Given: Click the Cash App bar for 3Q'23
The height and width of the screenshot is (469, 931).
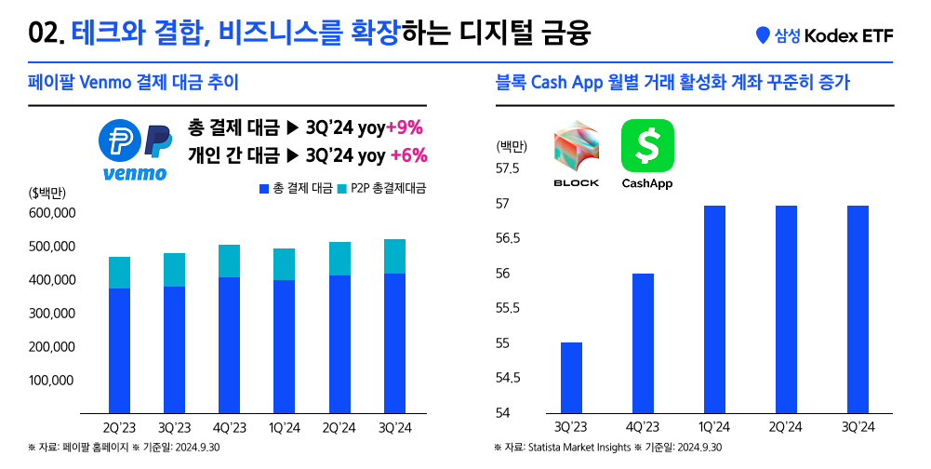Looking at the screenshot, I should tap(571, 378).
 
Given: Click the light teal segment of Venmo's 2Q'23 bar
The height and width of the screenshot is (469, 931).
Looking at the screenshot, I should tap(119, 273).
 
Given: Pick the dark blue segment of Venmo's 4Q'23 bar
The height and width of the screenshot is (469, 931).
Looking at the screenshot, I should tap(229, 345).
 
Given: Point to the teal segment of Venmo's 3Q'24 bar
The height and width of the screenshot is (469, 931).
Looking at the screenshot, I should tap(393, 256).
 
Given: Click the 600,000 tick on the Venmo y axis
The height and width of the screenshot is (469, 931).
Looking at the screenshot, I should tap(53, 213).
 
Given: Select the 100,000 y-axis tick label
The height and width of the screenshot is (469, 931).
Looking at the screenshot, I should tap(53, 380).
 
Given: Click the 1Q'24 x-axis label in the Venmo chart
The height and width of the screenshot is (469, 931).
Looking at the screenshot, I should tap(284, 427).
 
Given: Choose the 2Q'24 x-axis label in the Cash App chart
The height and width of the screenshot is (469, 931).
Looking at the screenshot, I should tap(786, 427).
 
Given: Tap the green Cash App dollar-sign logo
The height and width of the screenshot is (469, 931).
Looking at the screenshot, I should tap(647, 145).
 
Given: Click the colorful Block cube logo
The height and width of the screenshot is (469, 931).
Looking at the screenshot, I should tap(577, 147).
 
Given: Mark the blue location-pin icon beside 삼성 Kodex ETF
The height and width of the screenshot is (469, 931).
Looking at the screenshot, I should tap(764, 35).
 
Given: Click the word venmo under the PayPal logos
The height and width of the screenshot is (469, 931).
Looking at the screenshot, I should tap(134, 173).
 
